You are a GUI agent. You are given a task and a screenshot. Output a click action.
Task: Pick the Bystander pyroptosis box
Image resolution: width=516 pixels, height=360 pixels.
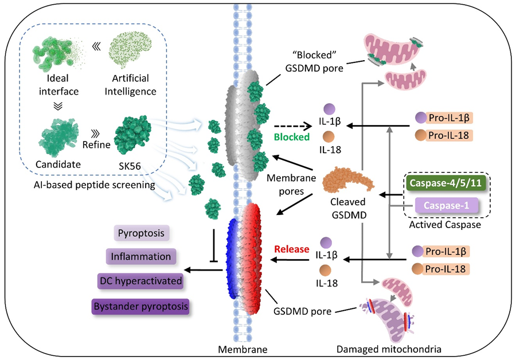(x=140, y=306)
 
